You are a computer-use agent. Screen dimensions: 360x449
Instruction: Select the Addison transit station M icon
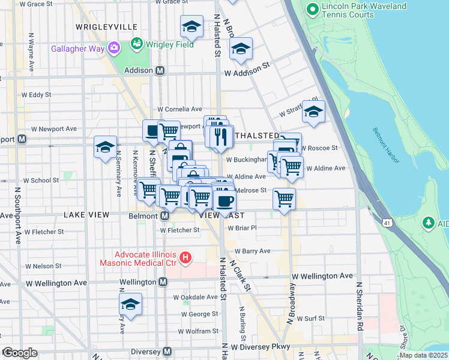click(160, 70)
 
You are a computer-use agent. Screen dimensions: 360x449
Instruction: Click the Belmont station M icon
click(164, 215)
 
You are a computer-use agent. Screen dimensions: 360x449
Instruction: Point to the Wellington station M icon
click(163, 282)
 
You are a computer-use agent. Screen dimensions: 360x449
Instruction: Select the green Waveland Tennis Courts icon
click(312, 9)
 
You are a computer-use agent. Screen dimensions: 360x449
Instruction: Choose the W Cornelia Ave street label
click(179, 109)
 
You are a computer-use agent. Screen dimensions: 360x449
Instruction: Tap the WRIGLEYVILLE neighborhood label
click(107, 27)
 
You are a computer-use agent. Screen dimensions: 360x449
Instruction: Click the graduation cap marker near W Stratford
click(313, 112)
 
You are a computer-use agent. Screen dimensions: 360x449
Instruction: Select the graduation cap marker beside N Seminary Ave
click(105, 147)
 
